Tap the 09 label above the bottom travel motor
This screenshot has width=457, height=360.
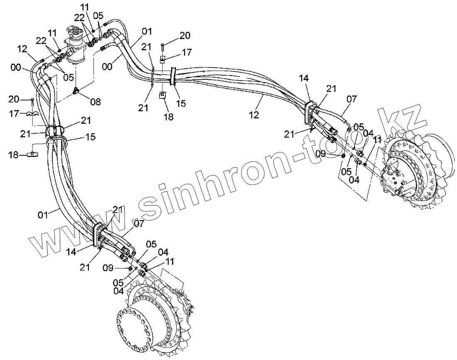click(108, 268)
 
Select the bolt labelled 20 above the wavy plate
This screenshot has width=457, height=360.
click(33, 101)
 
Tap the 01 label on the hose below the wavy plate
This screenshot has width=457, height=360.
click(43, 214)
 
